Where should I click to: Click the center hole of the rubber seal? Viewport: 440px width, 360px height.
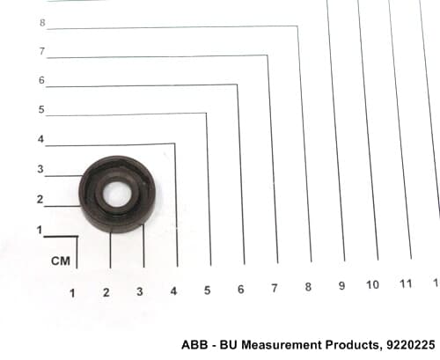pos(115,193)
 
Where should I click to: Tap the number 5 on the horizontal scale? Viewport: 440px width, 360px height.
pos(207,290)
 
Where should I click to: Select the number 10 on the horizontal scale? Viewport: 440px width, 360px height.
pos(372,284)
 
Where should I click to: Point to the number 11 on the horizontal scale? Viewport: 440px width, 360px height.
pos(406,283)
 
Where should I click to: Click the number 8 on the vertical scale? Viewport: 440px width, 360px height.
pos(42,21)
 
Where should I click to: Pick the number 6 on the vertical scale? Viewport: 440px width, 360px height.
pos(41,80)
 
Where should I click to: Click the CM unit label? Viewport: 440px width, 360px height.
pos(60,261)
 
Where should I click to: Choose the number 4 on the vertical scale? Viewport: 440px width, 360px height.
pos(40,139)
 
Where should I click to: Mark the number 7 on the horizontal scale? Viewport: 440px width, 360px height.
pos(274,289)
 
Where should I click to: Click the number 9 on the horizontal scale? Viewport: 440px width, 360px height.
pos(341,286)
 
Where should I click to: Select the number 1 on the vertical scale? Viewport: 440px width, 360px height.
pos(39,231)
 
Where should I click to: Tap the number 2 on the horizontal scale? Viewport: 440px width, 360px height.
pos(106,292)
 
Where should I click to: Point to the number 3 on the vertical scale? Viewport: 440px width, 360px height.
pos(40,169)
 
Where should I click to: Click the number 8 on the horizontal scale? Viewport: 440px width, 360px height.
pos(308,287)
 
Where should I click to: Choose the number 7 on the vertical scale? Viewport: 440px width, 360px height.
pos(41,51)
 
